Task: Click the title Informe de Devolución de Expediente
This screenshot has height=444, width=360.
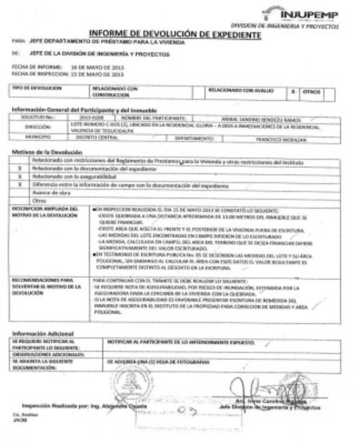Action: pos(175,34)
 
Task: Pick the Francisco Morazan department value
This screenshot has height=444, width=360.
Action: pos(281,140)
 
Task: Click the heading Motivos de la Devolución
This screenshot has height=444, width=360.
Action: pos(47,152)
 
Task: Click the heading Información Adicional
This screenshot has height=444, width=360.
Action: pos(42,333)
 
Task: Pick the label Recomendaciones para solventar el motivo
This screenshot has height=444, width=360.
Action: pos(45,286)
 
